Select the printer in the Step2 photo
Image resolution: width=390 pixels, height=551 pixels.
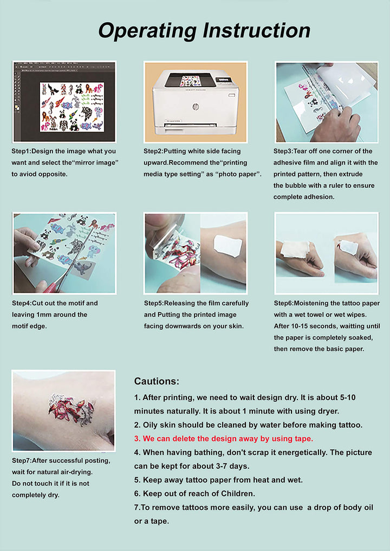tap(195, 103)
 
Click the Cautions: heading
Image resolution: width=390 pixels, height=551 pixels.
tap(157, 381)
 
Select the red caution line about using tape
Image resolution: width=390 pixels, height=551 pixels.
tap(223, 438)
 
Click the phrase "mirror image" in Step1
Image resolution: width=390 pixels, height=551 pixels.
tap(96, 162)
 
